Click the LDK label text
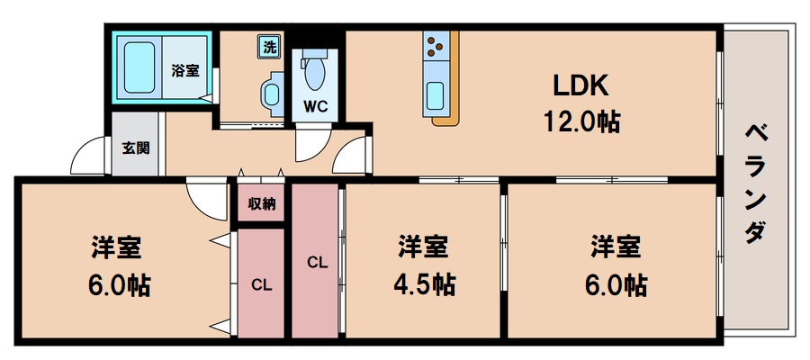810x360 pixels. point(581,86)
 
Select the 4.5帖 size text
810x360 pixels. point(423,284)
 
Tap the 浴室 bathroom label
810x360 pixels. point(185,70)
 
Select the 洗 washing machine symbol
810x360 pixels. point(268,46)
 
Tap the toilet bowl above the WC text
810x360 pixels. point(315,70)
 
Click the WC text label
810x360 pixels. point(315,106)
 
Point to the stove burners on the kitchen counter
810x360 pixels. point(436,44)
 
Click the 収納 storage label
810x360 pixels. point(262,203)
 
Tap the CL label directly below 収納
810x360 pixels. point(261,285)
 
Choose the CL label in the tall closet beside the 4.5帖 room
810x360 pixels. point(315,263)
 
